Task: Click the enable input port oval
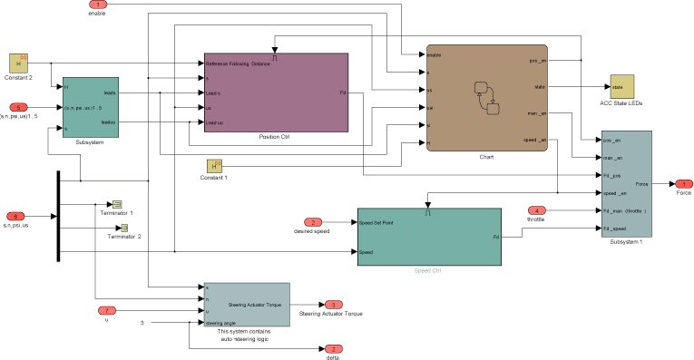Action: coord(97,5)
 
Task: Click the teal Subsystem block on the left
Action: coord(91,106)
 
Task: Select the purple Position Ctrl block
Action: coord(275,92)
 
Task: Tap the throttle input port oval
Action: coord(537,210)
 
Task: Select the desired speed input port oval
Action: coord(312,222)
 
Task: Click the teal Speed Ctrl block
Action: coord(428,238)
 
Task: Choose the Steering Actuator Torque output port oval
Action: coord(333,305)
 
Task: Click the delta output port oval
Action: coord(333,349)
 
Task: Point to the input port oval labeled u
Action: coord(106,310)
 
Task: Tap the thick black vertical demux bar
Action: coord(58,216)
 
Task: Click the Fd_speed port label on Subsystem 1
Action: coord(617,229)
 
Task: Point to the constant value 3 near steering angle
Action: coord(142,323)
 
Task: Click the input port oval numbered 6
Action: coord(15,216)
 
